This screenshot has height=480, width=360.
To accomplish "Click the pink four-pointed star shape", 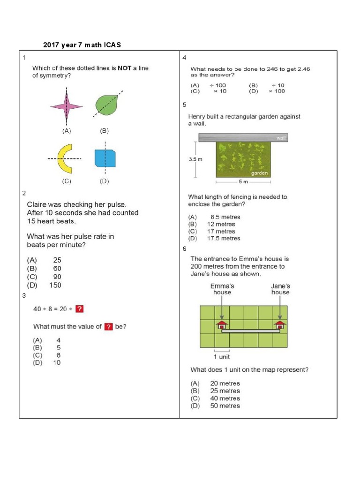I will pos(66,107).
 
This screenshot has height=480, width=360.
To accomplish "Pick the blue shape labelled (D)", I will pos(105,158).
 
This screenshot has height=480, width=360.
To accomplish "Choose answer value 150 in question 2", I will pos(55,285).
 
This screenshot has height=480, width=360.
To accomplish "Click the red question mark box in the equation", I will pos(80,308).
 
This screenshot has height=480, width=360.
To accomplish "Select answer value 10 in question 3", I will pos(57,362).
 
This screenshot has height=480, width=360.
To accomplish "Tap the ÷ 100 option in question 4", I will pos(217,85).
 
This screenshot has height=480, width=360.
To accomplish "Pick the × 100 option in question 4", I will pos(276,91).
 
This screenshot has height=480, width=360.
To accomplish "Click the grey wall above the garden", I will pos(242,137).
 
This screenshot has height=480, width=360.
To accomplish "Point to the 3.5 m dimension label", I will pos(195,159).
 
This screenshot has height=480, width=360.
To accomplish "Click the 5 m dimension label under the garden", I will pos(242,181).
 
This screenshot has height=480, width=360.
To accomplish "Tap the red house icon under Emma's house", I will pos(222,324).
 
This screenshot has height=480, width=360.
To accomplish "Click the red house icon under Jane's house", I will pos(280,324).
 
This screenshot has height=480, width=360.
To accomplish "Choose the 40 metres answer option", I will pos(225,398).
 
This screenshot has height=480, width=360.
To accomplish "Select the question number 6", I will pos(185,249).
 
